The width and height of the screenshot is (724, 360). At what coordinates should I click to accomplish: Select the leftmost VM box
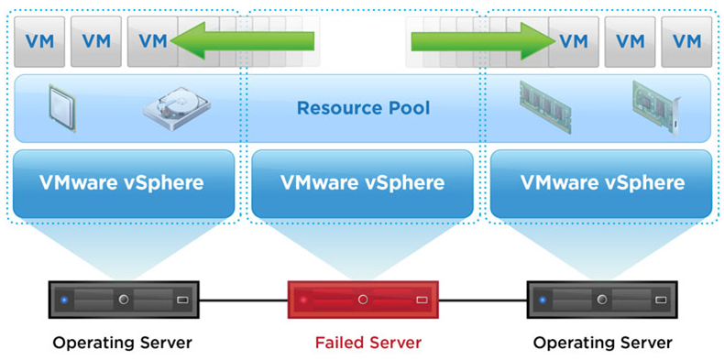click(x=38, y=40)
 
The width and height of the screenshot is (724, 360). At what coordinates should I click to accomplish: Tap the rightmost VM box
click(x=686, y=40)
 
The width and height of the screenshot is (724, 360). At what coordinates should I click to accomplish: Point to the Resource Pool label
click(x=363, y=108)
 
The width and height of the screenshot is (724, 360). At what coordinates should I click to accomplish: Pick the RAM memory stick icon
click(x=543, y=103)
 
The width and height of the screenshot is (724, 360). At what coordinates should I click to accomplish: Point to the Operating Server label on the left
click(x=123, y=343)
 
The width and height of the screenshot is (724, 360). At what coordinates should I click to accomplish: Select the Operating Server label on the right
click(x=601, y=343)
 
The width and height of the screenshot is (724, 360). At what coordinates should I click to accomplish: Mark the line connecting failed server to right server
click(x=481, y=300)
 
